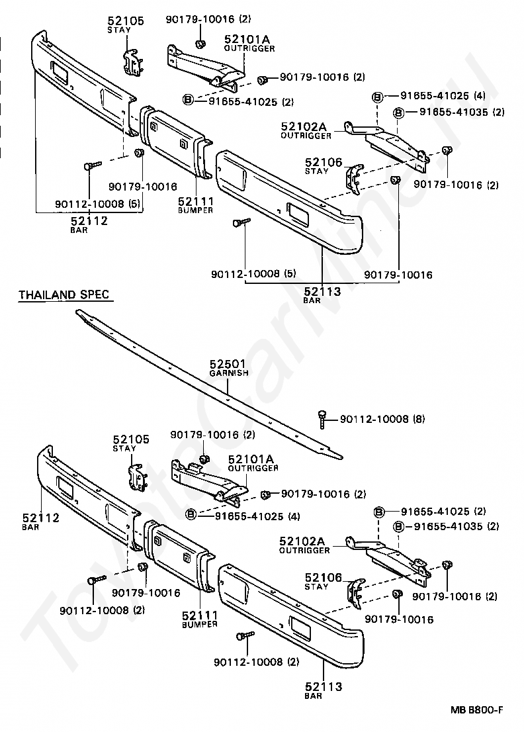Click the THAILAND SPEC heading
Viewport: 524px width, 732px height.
[x=64, y=295]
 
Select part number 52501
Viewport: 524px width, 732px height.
[x=228, y=363]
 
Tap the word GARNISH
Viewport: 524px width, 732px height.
[x=229, y=373]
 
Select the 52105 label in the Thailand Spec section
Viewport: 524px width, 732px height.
[x=131, y=439]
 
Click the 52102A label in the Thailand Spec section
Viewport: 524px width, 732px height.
[x=304, y=541]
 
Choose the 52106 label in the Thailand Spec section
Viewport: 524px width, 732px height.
[x=324, y=578]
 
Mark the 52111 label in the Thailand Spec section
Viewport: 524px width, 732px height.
[x=199, y=615]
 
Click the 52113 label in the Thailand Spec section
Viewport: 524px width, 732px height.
[x=324, y=686]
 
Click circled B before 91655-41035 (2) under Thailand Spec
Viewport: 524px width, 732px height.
[x=398, y=527]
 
